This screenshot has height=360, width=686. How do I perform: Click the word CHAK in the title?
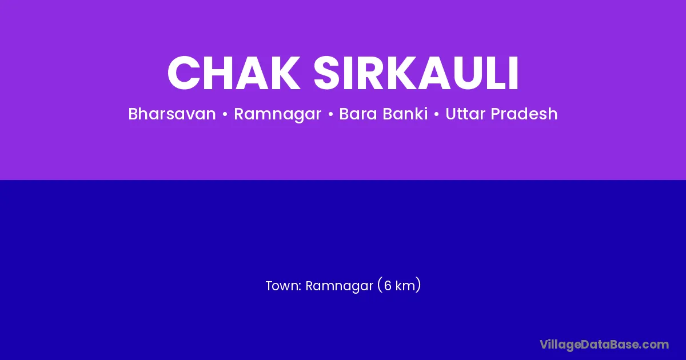coord(234,73)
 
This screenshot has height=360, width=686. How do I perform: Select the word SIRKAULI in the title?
coord(416,73)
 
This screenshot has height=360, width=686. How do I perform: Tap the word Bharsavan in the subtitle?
coord(172,114)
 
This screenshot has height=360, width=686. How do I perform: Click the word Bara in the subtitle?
coord(358,114)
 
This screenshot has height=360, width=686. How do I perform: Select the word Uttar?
coord(465,114)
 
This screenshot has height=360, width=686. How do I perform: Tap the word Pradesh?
coord(524,114)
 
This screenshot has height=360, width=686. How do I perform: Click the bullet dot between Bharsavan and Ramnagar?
coord(225,114)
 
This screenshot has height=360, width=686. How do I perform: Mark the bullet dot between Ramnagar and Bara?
coord(330,114)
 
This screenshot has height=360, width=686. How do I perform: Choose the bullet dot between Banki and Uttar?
coord(436,114)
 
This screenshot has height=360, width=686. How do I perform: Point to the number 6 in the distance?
coord(388,286)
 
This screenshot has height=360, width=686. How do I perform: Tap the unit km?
coord(405,286)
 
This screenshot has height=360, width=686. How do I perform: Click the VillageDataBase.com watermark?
coord(604,345)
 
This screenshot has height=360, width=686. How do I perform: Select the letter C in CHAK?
coord(183,73)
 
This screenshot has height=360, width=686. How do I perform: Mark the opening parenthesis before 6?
coord(380,285)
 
